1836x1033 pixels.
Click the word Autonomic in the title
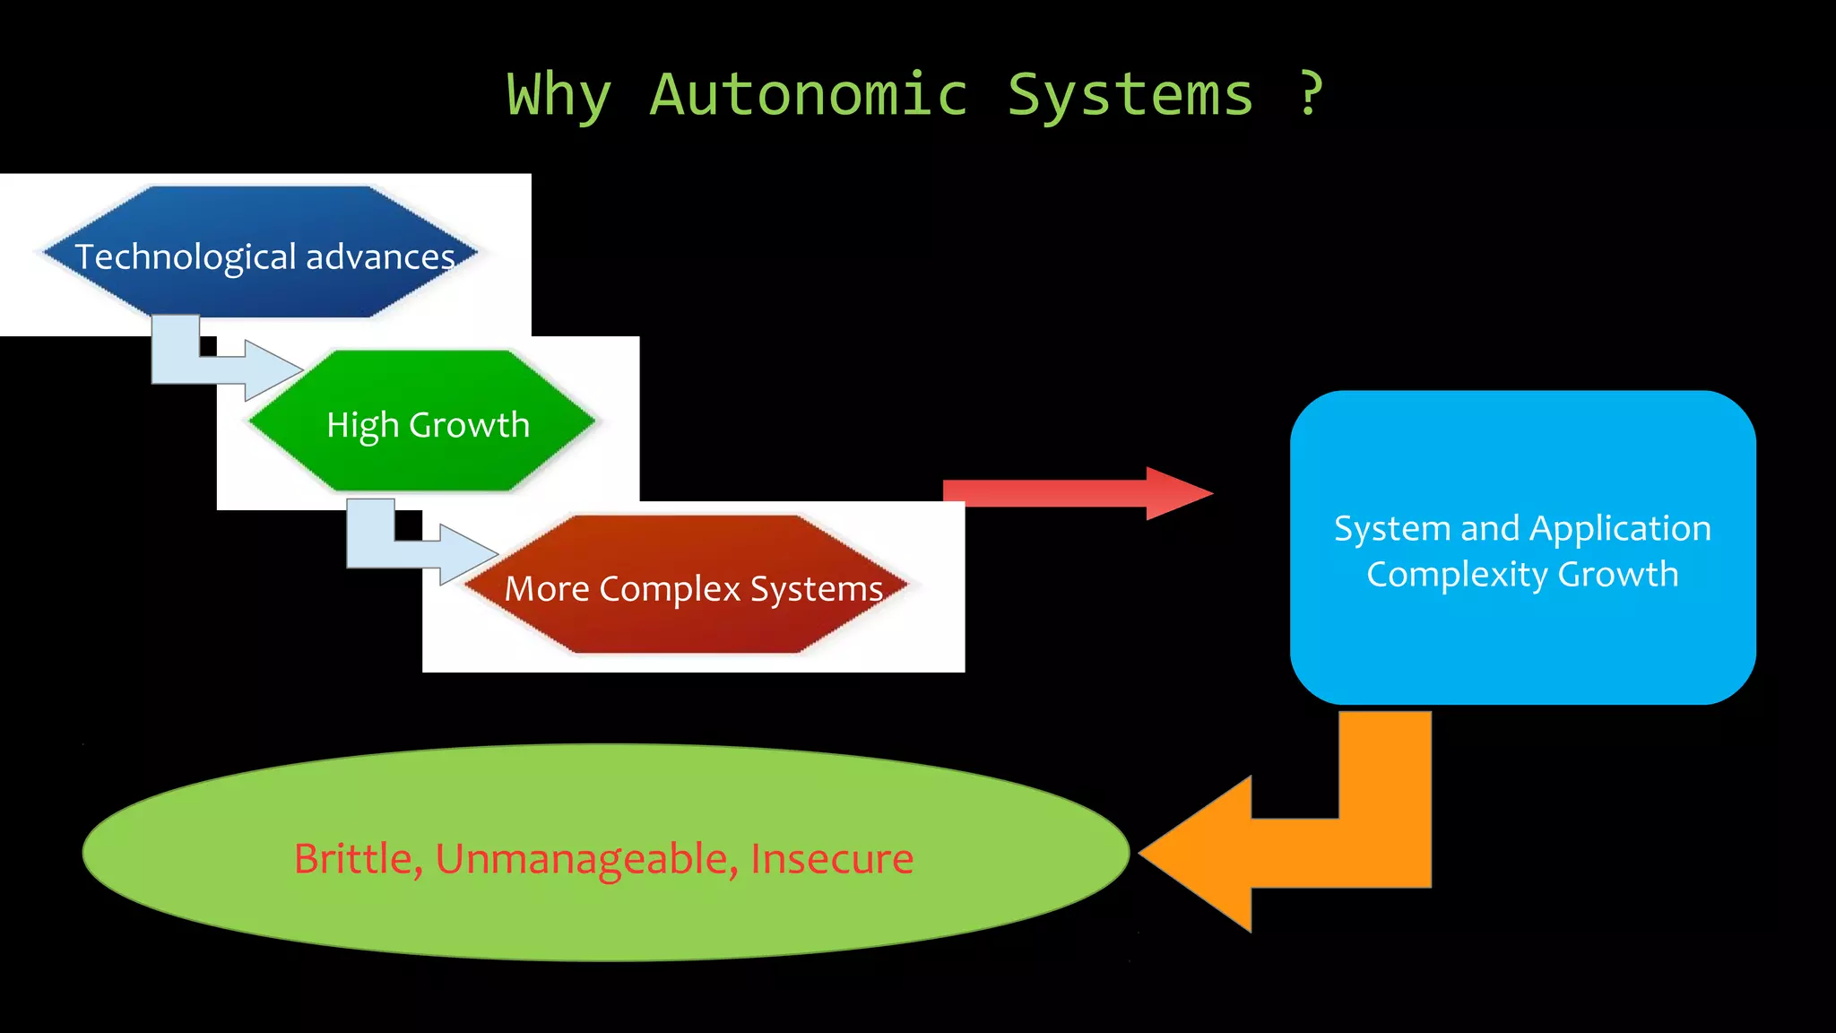point(809,94)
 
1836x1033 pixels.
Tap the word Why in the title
point(559,95)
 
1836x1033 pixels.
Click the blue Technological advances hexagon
point(260,215)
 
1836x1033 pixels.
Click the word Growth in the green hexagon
point(469,425)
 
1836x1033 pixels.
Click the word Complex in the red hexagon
point(670,589)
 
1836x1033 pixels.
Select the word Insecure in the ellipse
point(831,859)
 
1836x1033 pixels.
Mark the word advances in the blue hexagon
point(380,257)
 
